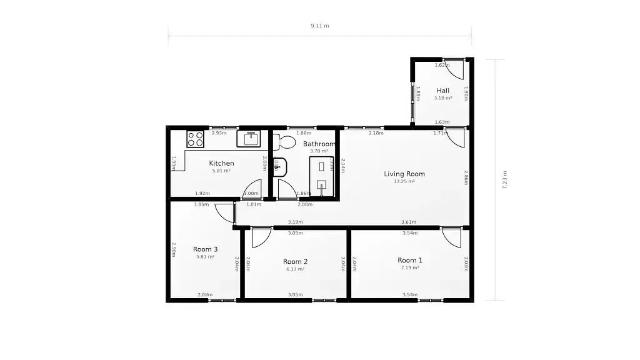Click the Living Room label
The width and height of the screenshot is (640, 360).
pos(404,174)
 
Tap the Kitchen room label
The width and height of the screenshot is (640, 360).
pos(221,163)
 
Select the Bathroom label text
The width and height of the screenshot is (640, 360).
pos(319,144)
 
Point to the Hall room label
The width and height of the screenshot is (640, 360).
pos(443,91)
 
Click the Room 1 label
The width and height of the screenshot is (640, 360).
pos(410,260)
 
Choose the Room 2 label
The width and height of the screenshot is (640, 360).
pos(295,261)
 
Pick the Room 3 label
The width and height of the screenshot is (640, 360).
pos(205,249)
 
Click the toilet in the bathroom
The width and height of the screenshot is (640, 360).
pos(286,141)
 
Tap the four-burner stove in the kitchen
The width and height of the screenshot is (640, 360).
pos(196,139)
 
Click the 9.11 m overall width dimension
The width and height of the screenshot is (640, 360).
pos(319,26)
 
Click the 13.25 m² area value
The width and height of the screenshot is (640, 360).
pos(404,182)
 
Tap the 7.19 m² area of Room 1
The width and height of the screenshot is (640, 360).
pos(410,267)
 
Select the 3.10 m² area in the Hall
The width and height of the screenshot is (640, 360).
pos(443,98)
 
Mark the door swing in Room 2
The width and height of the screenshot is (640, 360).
pos(261,237)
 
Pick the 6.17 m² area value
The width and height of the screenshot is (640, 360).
pos(295,269)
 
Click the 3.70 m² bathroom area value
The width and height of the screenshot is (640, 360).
pos(319,151)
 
